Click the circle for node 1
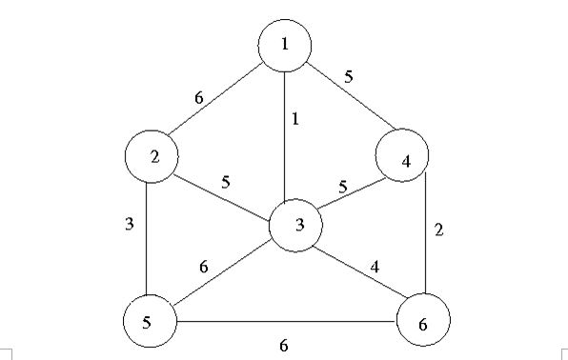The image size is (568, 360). pyautogui.click(x=285, y=45)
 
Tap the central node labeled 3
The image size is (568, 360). pyautogui.click(x=297, y=226)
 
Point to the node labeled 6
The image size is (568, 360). pyautogui.click(x=422, y=323)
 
